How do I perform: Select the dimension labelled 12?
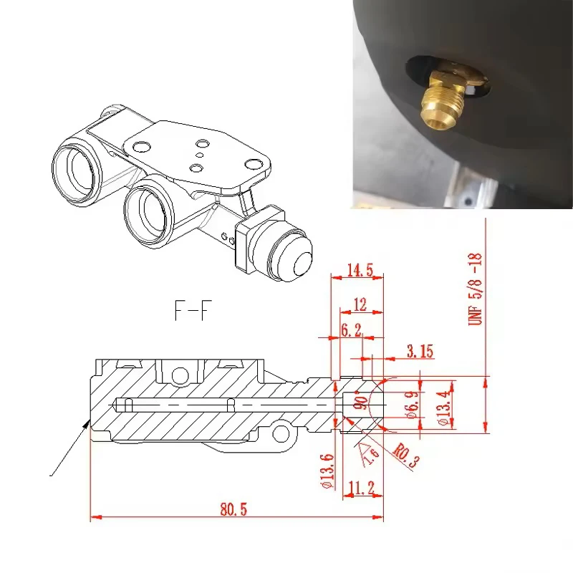[x=360, y=304]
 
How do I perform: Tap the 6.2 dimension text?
[x=351, y=330]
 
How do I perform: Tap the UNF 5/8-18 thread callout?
[x=476, y=290]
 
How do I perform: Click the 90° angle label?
[x=362, y=402]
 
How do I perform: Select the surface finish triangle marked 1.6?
[x=369, y=453]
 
